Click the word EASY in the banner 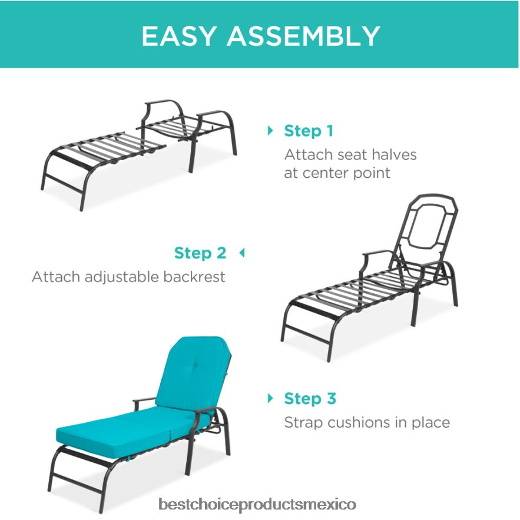pos(179,36)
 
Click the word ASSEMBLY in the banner pos(303,36)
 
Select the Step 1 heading pos(309,131)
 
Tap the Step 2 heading pos(200,253)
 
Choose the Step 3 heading pos(310,399)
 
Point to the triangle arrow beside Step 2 pos(241,253)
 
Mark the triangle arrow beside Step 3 pos(271,399)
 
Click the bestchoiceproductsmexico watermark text pos(257,505)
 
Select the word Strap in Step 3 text pos(303,422)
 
